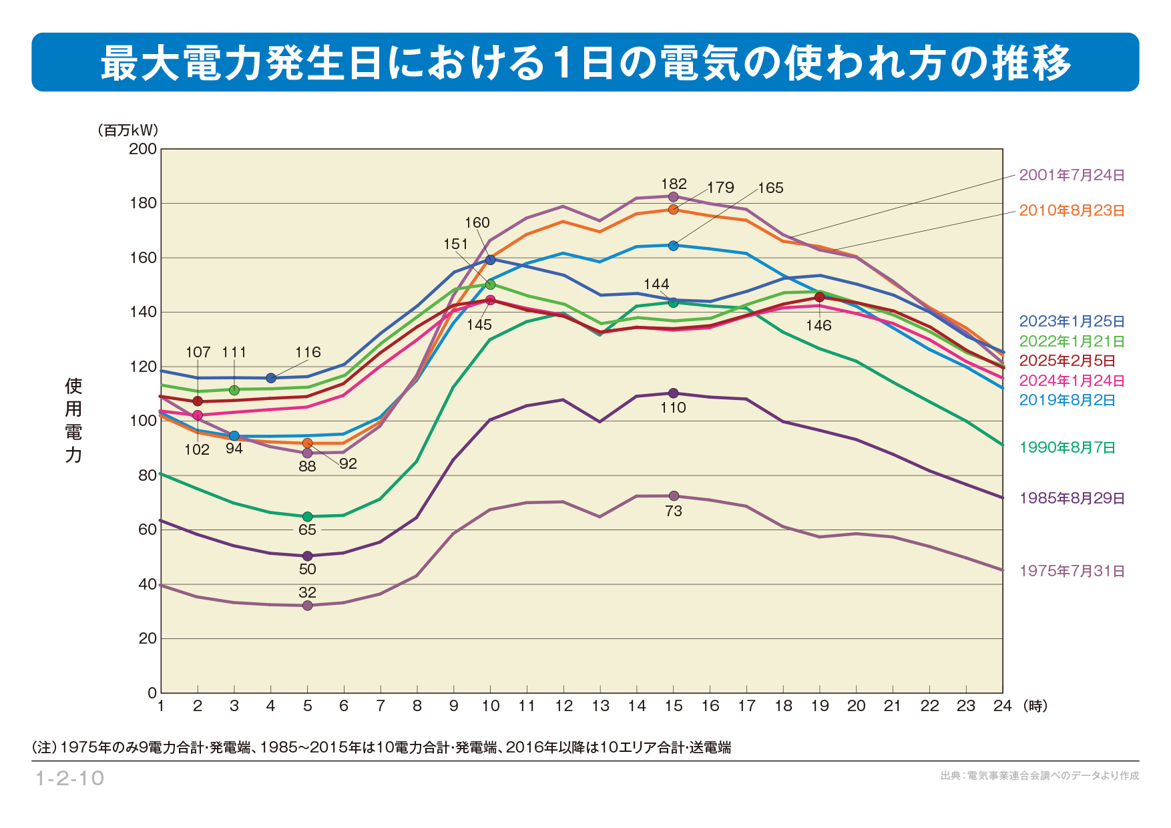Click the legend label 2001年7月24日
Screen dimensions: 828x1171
click(x=1072, y=176)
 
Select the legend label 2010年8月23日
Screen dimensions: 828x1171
click(x=1072, y=211)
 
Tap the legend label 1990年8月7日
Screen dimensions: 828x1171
click(x=1067, y=448)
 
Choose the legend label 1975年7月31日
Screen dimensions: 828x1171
click(x=1072, y=572)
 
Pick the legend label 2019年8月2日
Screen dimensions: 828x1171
click(x=1067, y=401)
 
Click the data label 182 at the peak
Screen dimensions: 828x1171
click(x=674, y=184)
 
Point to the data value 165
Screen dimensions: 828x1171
click(x=770, y=188)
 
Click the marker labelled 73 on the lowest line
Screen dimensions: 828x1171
click(x=674, y=496)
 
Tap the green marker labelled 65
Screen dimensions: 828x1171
click(x=308, y=517)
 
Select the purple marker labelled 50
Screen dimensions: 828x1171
click(x=308, y=556)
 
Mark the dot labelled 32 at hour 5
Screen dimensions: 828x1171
click(x=308, y=606)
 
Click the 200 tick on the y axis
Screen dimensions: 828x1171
click(x=143, y=149)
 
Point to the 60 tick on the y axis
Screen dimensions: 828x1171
click(x=147, y=530)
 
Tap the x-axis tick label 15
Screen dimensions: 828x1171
click(x=674, y=706)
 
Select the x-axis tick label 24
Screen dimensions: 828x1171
click(x=1002, y=706)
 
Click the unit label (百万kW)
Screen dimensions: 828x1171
click(x=128, y=130)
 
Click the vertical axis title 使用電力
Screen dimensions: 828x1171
click(x=73, y=420)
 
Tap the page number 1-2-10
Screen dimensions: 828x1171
click(x=69, y=779)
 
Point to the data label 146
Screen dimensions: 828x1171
click(x=818, y=326)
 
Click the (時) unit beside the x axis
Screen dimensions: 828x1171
click(x=1035, y=706)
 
